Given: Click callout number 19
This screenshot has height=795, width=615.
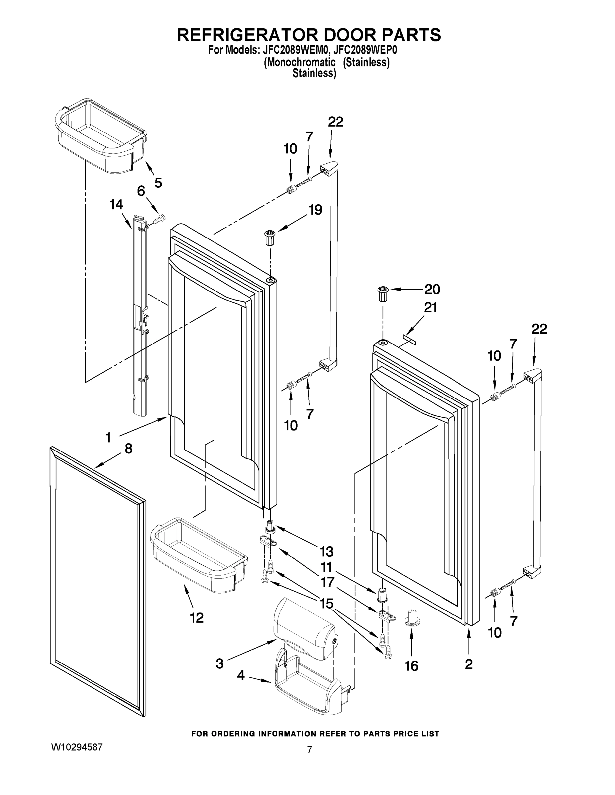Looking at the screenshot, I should (315, 210).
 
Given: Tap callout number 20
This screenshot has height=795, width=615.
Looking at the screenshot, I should (432, 290).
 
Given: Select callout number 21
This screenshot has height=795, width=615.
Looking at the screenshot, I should (430, 308).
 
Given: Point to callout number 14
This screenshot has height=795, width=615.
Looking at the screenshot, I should (116, 205).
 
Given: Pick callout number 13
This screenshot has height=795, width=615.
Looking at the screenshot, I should (326, 552).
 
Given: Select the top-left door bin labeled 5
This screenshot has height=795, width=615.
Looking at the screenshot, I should (100, 135).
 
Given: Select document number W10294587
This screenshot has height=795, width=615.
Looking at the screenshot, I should (77, 747).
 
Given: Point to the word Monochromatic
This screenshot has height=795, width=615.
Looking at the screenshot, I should (299, 62).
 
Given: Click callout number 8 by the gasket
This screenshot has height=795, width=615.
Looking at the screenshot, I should (128, 449).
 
